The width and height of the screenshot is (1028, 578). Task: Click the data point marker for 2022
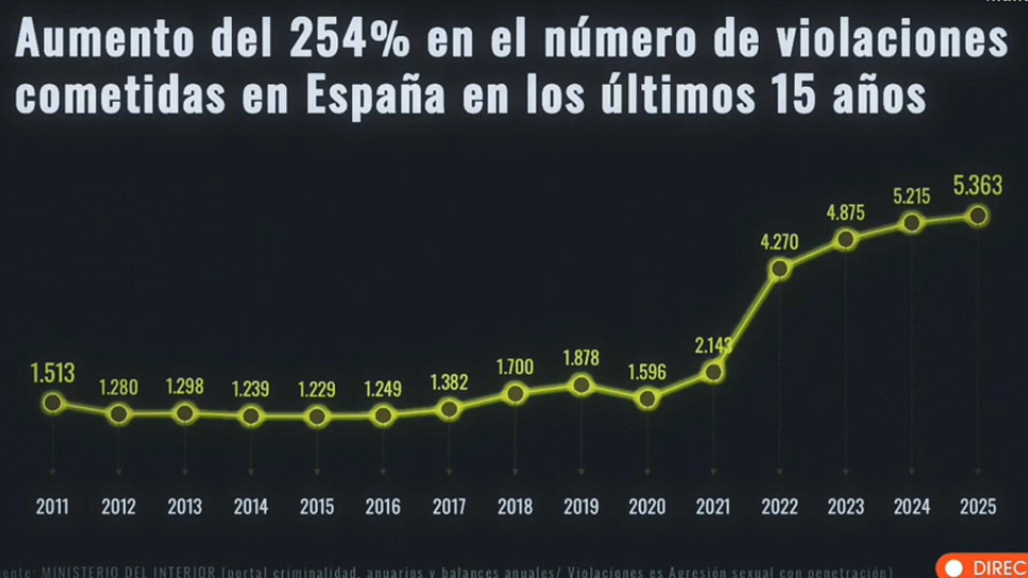[780, 269]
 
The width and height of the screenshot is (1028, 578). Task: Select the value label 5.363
[978, 186]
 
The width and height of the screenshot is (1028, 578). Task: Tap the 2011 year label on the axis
[52, 506]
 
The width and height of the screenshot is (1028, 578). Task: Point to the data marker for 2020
[647, 399]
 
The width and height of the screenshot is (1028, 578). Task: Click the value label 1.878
[581, 358]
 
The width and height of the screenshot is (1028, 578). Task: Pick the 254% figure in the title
[350, 39]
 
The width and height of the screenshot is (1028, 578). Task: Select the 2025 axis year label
[978, 506]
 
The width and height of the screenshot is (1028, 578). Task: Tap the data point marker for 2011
[52, 402]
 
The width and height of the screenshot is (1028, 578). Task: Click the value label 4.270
[780, 242]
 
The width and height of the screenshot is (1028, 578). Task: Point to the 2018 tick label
[515, 506]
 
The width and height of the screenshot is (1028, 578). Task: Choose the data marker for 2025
[978, 216]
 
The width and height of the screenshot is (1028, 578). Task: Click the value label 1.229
[317, 389]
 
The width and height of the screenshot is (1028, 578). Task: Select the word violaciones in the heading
[892, 39]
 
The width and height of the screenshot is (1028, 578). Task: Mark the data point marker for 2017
[449, 409]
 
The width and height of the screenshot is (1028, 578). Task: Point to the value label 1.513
[52, 373]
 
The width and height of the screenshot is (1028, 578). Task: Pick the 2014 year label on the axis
[251, 506]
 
